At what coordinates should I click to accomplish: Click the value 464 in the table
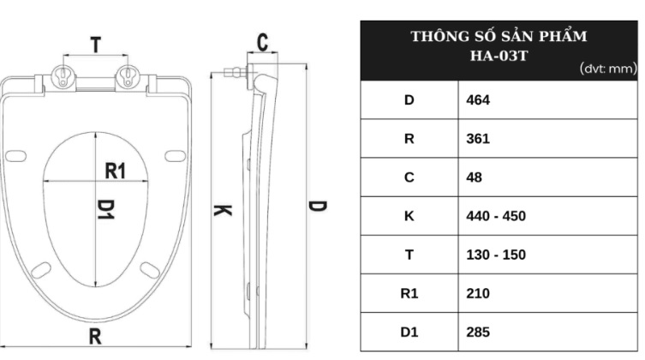[479, 100]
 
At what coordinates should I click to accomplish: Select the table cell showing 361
[479, 139]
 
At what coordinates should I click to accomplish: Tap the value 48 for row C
[475, 177]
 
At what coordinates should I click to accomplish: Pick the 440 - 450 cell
[496, 216]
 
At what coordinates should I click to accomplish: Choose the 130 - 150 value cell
[496, 255]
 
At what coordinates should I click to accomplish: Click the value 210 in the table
[479, 293]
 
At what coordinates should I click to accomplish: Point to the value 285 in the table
[479, 332]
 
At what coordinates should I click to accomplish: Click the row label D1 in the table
[409, 332]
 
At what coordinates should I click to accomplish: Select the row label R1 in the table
[409, 293]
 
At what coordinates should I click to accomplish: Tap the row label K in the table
[409, 216]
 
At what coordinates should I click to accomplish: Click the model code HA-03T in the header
[499, 54]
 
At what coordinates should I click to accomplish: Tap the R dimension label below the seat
[96, 337]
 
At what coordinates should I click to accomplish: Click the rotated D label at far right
[316, 208]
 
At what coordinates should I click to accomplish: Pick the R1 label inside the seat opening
[116, 171]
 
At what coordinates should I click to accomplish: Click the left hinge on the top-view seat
[64, 76]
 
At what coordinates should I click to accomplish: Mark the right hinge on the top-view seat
[128, 76]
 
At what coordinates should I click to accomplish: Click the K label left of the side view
[222, 209]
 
